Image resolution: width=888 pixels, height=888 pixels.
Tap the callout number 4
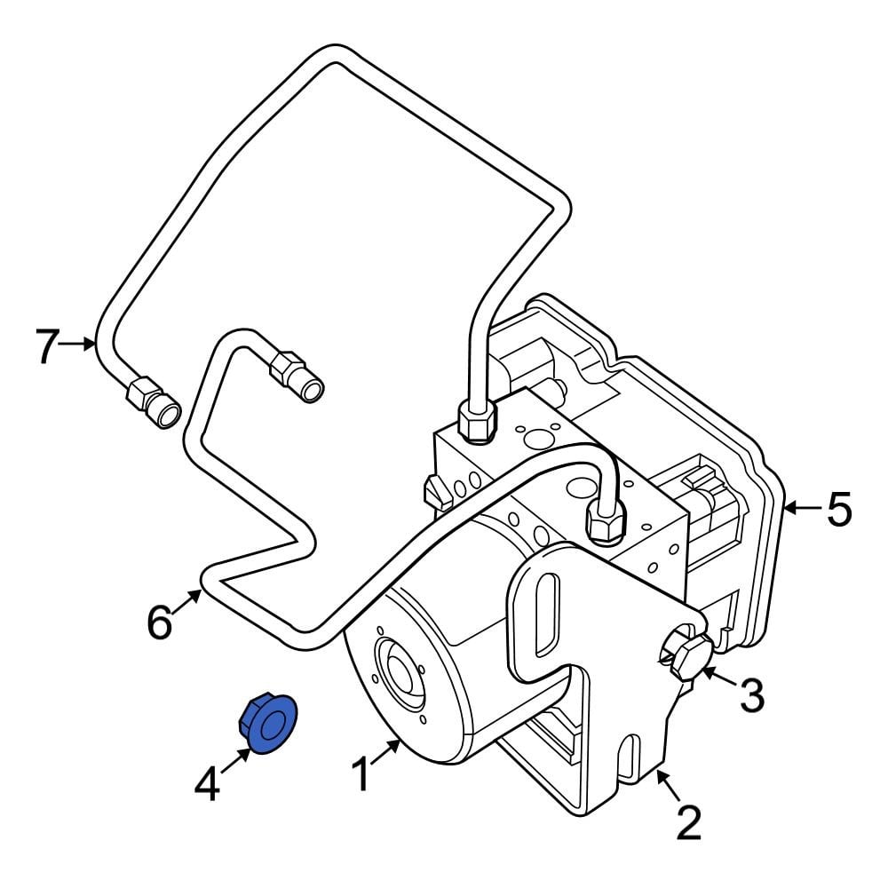[x=208, y=784]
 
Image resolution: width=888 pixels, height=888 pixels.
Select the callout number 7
[x=47, y=345]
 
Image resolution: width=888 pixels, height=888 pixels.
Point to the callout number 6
[x=159, y=622]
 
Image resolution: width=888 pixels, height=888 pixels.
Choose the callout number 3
[x=752, y=696]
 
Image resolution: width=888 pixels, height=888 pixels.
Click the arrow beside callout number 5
[x=801, y=508]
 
